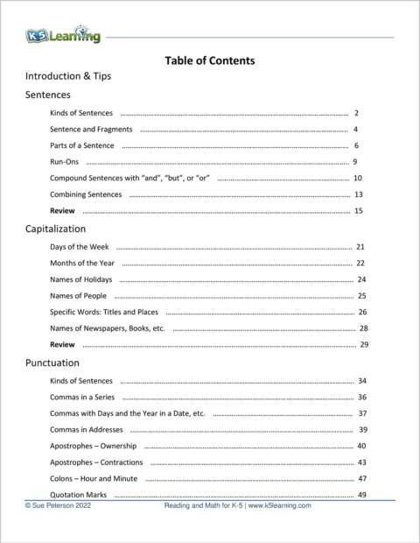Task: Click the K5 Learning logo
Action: click(x=62, y=36)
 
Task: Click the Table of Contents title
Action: click(x=209, y=61)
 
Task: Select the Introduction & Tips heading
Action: click(x=68, y=76)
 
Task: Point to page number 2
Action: click(x=357, y=113)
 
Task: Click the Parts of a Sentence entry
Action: click(x=82, y=145)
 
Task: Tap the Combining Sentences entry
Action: click(x=86, y=194)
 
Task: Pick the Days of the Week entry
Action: click(x=80, y=248)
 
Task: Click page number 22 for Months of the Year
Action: click(x=360, y=264)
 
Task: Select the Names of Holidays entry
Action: click(x=81, y=279)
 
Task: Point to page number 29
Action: click(x=363, y=344)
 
